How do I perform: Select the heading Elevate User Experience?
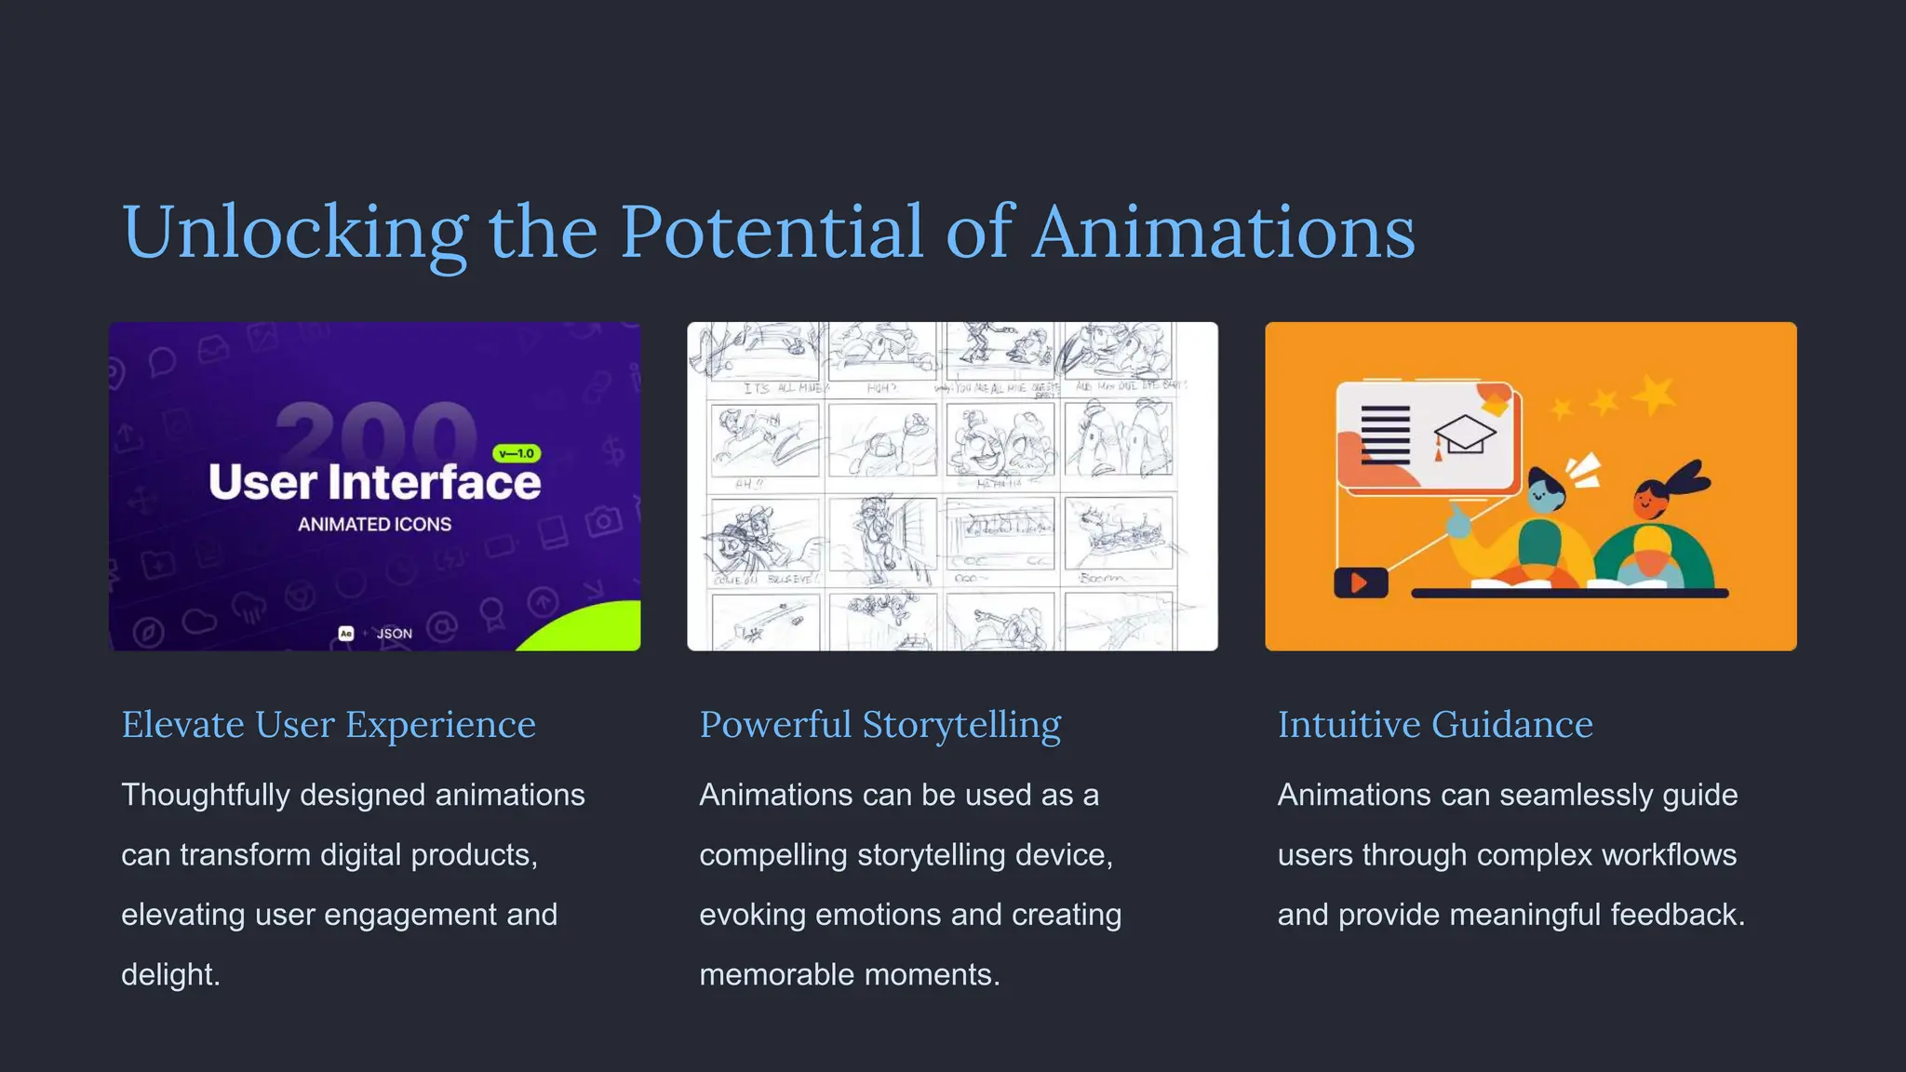click(329, 725)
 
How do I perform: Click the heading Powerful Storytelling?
click(879, 725)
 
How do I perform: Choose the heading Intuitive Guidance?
click(1434, 725)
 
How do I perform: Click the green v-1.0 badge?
click(517, 453)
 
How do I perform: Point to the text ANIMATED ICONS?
click(374, 525)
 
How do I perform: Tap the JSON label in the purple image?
click(394, 634)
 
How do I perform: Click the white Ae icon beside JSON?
click(346, 634)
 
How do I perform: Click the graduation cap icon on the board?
click(1464, 434)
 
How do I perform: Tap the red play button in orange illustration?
click(1360, 583)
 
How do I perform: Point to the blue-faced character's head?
click(1546, 489)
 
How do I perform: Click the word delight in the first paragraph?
click(169, 974)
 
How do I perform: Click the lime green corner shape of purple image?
click(596, 628)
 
